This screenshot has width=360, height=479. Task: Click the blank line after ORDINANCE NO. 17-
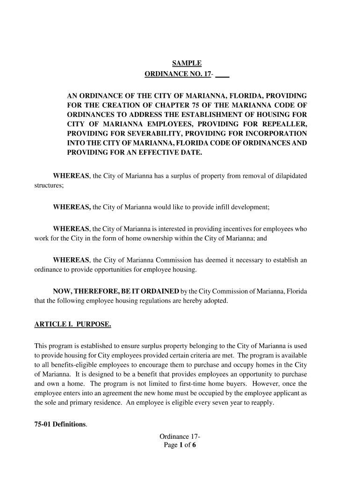point(223,74)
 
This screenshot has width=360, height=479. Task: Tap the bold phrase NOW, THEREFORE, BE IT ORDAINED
point(116,291)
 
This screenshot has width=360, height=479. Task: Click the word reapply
point(261,404)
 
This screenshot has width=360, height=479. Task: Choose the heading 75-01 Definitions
point(60,424)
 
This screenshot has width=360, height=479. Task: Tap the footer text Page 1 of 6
point(180,445)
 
